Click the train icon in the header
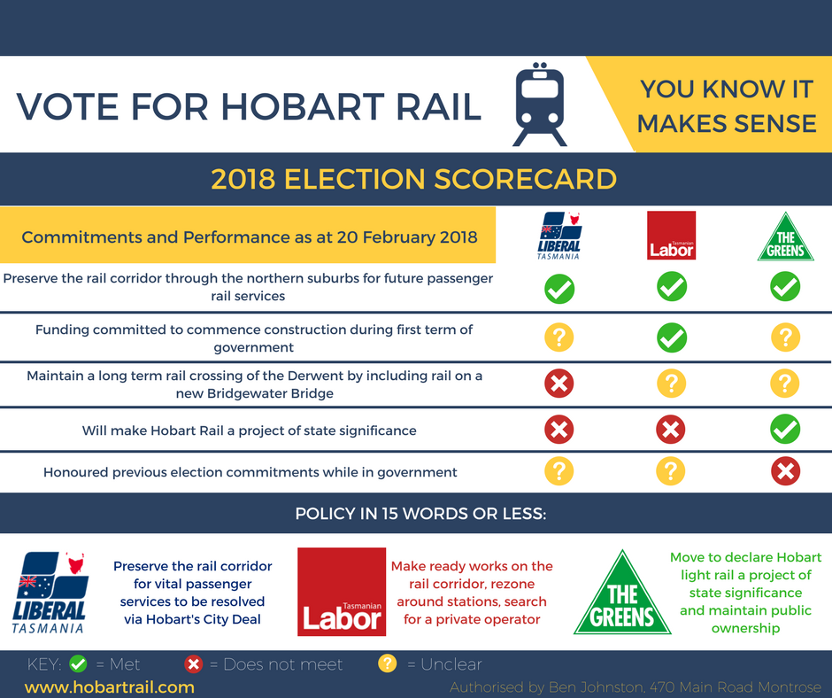(540, 105)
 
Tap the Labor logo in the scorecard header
(671, 236)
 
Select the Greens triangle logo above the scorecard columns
(785, 237)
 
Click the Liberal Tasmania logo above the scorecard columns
(559, 236)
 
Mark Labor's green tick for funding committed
(672, 337)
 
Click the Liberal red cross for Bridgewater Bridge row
(559, 383)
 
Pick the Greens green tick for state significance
(785, 429)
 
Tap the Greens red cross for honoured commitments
(785, 471)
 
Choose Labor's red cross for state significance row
(671, 430)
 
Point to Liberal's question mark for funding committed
(559, 337)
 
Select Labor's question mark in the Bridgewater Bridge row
(671, 384)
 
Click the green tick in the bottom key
(78, 663)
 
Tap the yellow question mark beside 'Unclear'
(388, 663)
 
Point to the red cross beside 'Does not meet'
(193, 664)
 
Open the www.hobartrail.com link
(109, 686)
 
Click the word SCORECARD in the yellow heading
(525, 179)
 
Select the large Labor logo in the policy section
(342, 592)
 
